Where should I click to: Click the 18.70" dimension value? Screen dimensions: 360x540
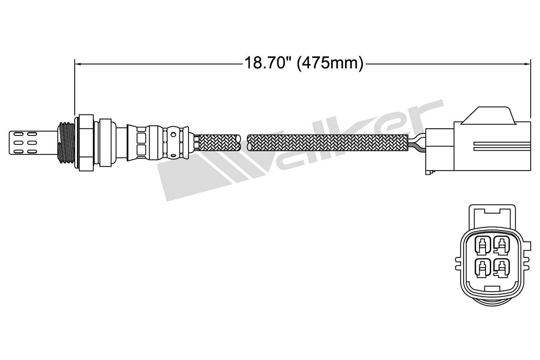tap(268, 63)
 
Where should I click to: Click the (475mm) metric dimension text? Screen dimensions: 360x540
tap(330, 63)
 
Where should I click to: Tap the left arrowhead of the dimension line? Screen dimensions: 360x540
tap(77, 64)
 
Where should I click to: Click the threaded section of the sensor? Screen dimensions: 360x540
tap(65, 142)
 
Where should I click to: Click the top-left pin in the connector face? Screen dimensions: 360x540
tap(482, 245)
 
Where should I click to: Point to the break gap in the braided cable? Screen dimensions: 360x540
tap(244, 143)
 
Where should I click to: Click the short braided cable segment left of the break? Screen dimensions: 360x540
tap(219, 143)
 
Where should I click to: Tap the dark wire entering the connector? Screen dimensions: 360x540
tap(418, 147)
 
